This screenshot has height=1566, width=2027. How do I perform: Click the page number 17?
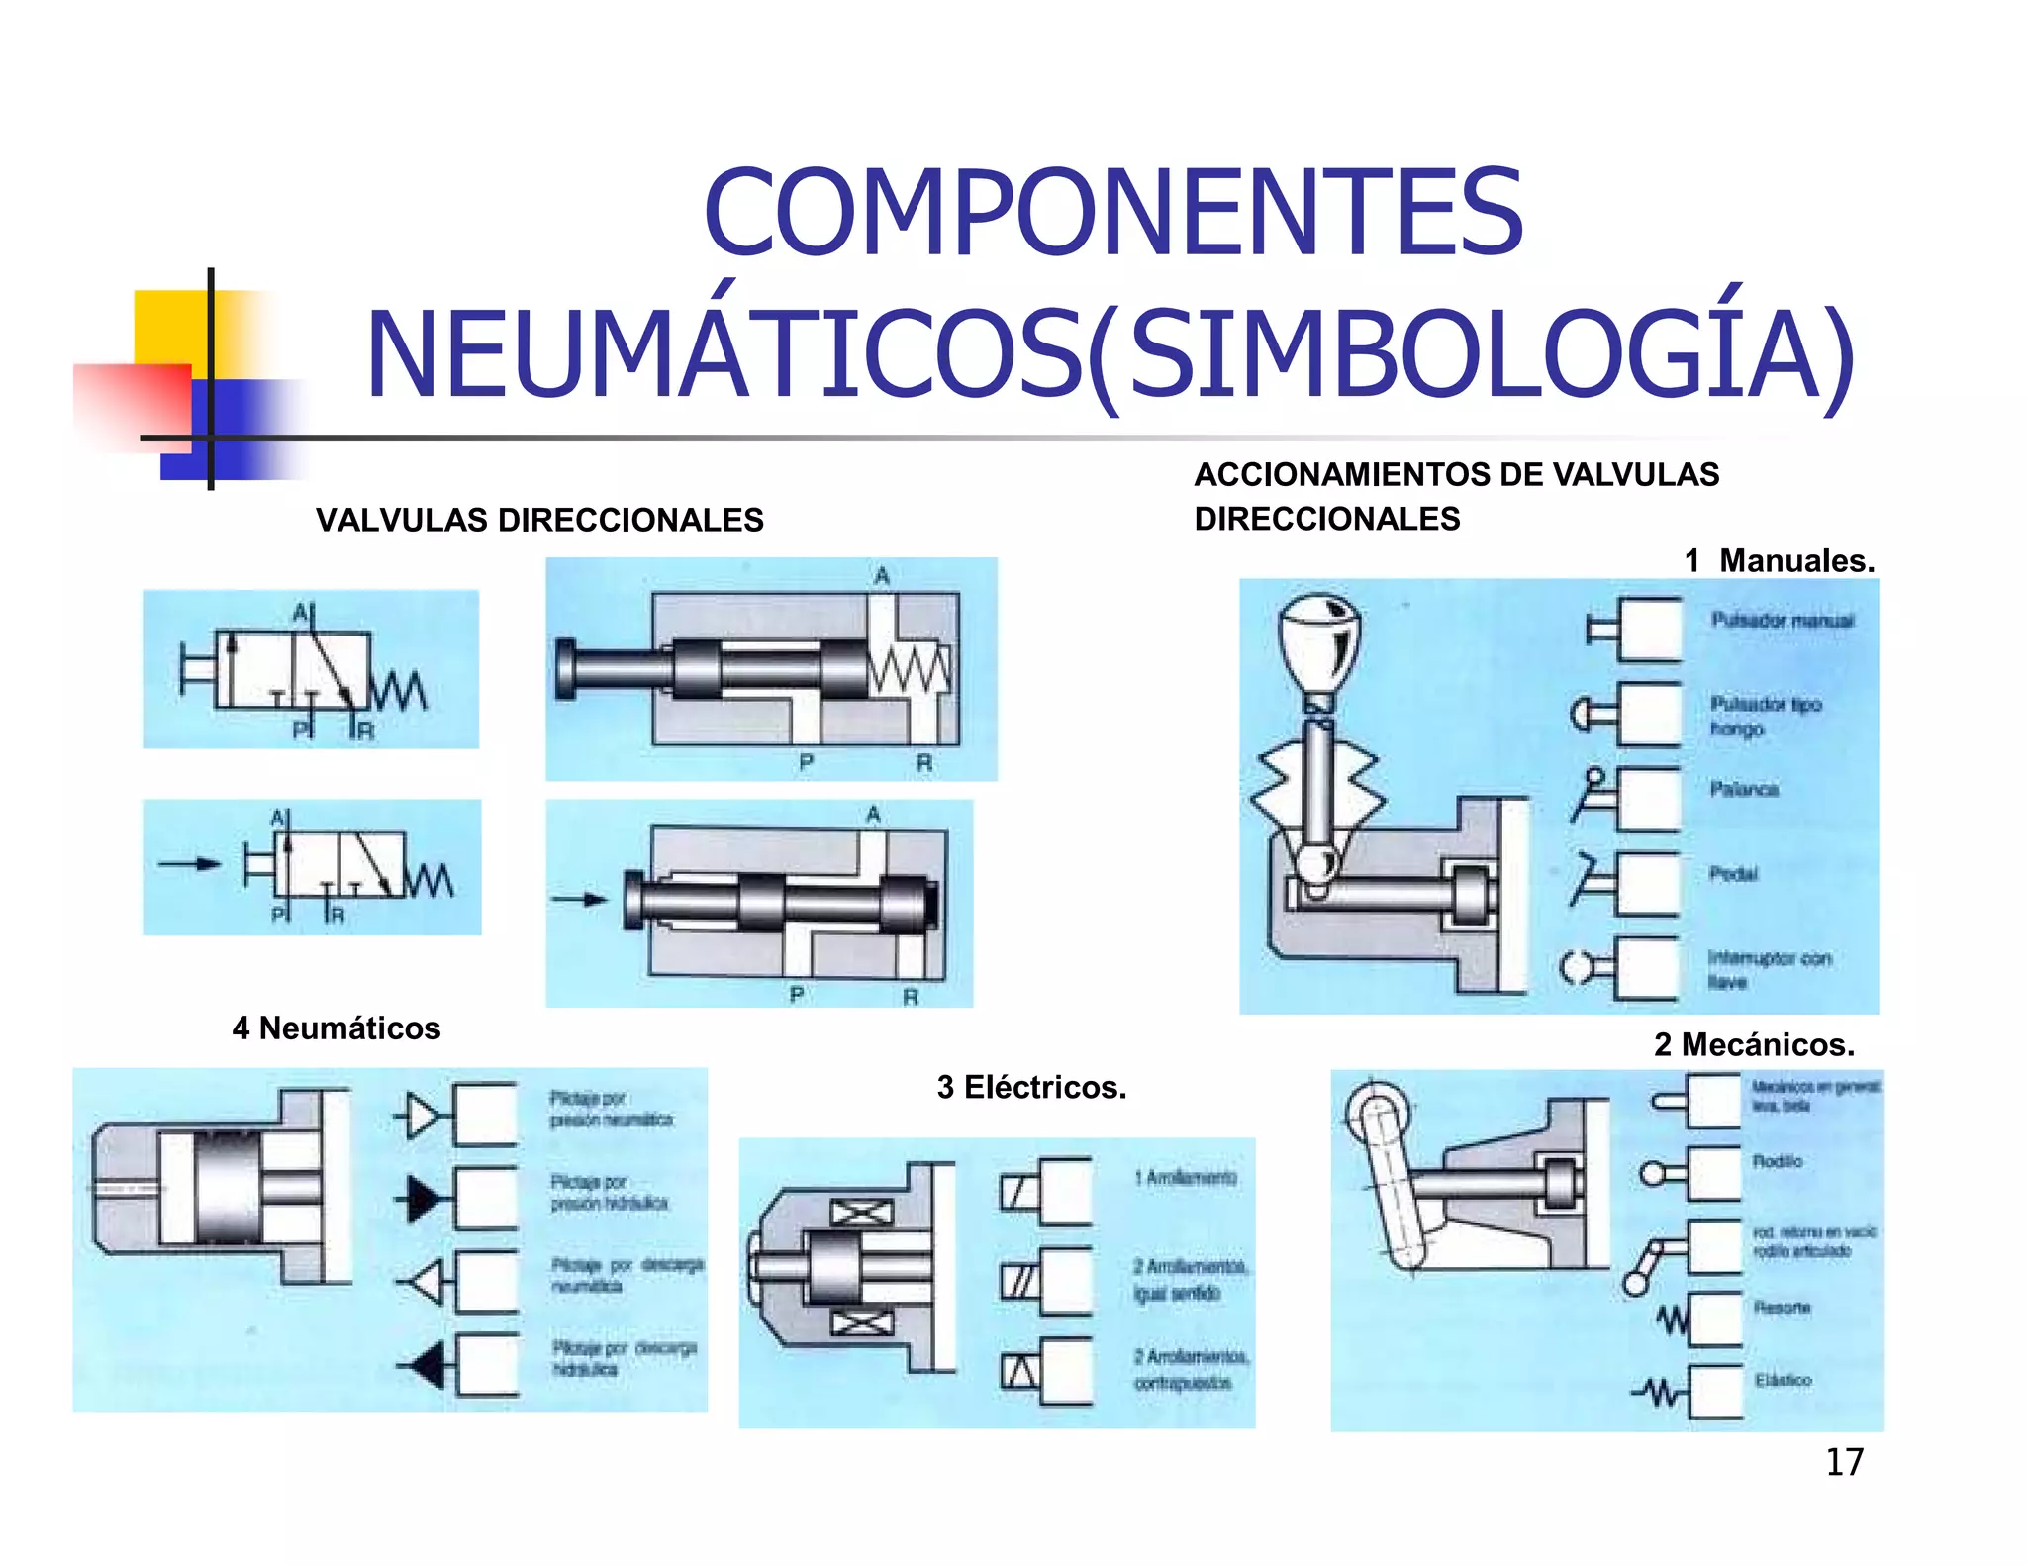coord(1844,1462)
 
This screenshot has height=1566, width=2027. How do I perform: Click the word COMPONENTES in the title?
coord(1112,213)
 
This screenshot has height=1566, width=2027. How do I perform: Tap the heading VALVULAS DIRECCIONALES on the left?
coord(539,520)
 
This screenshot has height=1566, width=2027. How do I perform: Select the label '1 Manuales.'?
coord(1779,561)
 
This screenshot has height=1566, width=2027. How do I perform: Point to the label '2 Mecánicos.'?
coord(1754,1044)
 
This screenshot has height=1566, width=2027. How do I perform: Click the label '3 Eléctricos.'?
coord(1031,1087)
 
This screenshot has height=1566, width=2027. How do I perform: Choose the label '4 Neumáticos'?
coord(337,1028)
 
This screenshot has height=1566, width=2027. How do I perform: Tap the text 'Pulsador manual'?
coord(1783,621)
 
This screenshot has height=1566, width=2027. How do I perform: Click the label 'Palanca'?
coord(1744,789)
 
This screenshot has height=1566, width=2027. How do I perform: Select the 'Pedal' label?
coord(1733,874)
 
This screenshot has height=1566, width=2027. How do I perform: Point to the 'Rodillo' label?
coord(1778,1161)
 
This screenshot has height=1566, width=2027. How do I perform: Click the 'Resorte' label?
coord(1782,1308)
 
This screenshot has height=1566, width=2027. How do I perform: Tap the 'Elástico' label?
coord(1783,1380)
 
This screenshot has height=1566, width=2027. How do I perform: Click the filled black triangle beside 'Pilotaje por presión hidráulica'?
coord(422,1199)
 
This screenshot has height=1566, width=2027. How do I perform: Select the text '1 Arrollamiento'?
coord(1186,1177)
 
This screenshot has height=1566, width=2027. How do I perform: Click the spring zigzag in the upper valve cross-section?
coord(910,670)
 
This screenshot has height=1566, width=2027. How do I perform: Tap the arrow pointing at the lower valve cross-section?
coord(580,900)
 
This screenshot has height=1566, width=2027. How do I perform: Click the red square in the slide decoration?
coord(133,406)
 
